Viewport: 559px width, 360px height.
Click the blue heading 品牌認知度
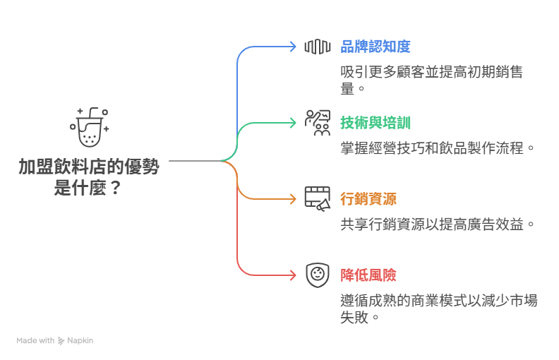(x=375, y=47)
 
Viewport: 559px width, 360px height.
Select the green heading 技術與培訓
(x=375, y=123)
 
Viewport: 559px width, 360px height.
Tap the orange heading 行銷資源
(x=368, y=199)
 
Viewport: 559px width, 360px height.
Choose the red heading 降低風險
(x=368, y=275)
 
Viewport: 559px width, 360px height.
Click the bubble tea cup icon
(x=89, y=127)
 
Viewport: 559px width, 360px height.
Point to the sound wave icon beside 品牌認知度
(x=318, y=47)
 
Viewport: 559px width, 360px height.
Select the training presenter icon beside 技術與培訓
(x=318, y=123)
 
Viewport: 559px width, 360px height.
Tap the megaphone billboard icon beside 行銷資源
(x=318, y=199)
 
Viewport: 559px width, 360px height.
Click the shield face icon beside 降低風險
(x=318, y=275)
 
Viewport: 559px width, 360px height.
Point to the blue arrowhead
(x=293, y=47)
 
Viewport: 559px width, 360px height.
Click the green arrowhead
(x=293, y=123)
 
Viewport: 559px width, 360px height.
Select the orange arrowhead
(x=293, y=199)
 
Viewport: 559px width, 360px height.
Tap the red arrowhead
(x=293, y=275)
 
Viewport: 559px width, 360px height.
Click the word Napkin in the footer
(x=80, y=341)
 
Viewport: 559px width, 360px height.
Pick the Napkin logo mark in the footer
(x=61, y=341)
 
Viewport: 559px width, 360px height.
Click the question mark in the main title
(x=115, y=188)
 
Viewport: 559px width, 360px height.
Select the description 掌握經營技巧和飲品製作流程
(x=432, y=148)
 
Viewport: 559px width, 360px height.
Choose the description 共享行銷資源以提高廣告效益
(x=432, y=224)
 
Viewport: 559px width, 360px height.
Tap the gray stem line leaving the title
(x=195, y=161)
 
